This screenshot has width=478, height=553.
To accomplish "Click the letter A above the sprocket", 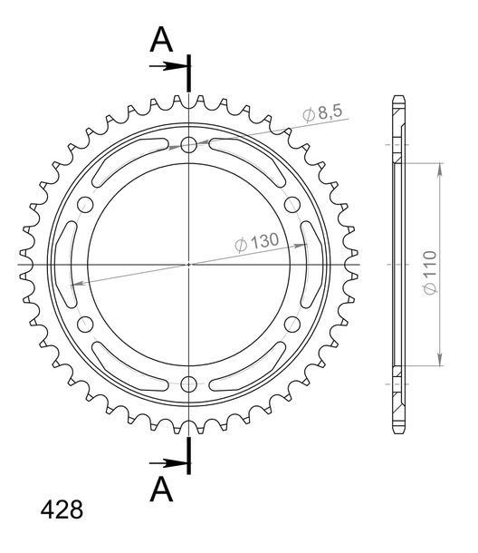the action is [x=161, y=40].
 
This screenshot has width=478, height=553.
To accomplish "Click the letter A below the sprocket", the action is [x=161, y=490].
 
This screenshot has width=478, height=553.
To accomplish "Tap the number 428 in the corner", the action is [x=62, y=510].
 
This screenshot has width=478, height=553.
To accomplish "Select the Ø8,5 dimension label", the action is [x=322, y=112].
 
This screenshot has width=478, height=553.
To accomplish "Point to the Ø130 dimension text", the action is [x=257, y=242].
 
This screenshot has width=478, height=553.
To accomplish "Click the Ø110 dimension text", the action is [x=430, y=272].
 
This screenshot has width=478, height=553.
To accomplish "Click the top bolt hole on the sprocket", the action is [x=189, y=144].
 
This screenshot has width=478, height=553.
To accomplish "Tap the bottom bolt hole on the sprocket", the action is [x=189, y=384].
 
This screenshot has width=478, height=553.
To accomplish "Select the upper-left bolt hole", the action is [x=85, y=204].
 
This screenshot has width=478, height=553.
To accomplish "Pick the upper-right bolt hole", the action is [x=292, y=204].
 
